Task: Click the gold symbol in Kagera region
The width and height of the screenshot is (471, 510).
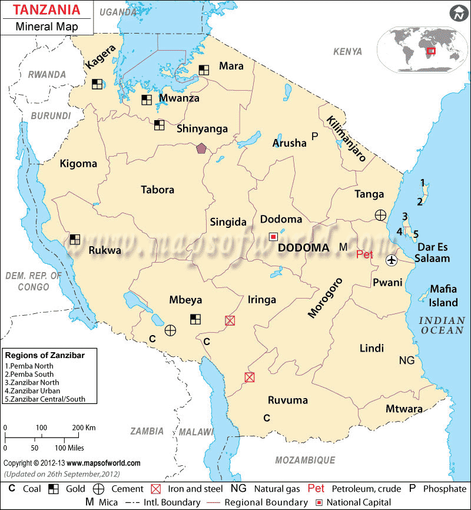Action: (97, 84)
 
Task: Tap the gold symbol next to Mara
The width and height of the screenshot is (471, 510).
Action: (204, 69)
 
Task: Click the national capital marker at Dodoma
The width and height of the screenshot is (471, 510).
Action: (273, 236)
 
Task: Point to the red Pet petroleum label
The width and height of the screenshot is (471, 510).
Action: (365, 254)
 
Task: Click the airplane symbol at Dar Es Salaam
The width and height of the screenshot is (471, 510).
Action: (392, 260)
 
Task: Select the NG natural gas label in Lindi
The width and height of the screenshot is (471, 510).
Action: (407, 360)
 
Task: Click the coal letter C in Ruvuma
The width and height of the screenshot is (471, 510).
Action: (266, 418)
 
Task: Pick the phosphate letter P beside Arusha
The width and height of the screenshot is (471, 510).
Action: (314, 136)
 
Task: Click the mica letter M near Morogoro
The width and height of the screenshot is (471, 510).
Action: (343, 247)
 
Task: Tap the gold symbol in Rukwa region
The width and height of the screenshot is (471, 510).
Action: (75, 239)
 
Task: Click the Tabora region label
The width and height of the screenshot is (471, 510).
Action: (157, 190)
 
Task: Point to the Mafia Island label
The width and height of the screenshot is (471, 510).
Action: (443, 296)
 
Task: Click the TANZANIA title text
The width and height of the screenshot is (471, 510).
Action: (44, 11)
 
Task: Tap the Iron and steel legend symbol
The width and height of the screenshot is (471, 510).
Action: (156, 489)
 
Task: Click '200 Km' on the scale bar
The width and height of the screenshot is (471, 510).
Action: (85, 427)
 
